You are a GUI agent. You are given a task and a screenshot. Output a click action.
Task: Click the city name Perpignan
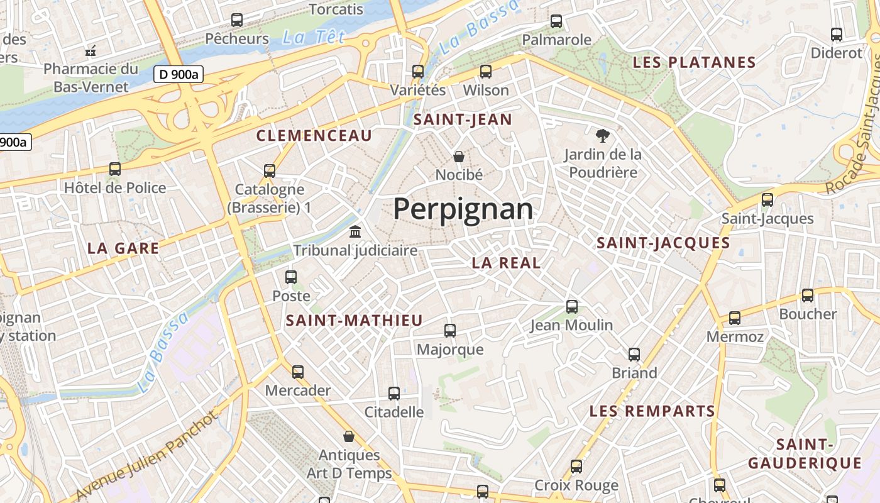pyautogui.click(x=463, y=209)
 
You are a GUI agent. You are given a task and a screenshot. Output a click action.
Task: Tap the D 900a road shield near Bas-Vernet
pyautogui.click(x=179, y=74)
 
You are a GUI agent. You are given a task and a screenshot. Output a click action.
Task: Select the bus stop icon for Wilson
pyautogui.click(x=485, y=72)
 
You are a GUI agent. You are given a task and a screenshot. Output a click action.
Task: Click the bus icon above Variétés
pyautogui.click(x=418, y=72)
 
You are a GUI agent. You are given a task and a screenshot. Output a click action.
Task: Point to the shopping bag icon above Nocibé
pyautogui.click(x=459, y=156)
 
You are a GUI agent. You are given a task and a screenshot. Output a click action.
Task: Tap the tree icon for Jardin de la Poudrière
pyautogui.click(x=602, y=135)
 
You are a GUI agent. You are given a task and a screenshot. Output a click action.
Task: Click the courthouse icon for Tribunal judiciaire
pyautogui.click(x=355, y=231)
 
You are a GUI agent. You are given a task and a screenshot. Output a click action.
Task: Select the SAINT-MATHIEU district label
pyautogui.click(x=355, y=321)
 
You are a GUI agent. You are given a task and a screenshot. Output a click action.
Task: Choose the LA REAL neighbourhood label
pyautogui.click(x=506, y=263)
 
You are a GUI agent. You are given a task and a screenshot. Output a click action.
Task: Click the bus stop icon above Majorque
pyautogui.click(x=450, y=331)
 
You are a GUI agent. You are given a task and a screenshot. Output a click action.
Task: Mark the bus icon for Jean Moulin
pyautogui.click(x=571, y=307)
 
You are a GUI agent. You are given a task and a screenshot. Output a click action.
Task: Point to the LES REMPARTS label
pyautogui.click(x=652, y=411)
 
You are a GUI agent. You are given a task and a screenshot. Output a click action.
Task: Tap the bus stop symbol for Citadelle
pyautogui.click(x=394, y=394)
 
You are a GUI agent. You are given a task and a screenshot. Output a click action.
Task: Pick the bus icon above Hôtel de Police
pyautogui.click(x=115, y=169)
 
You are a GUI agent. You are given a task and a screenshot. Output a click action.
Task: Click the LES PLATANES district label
pyautogui.click(x=693, y=62)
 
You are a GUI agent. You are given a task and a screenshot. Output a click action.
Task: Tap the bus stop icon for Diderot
pyautogui.click(x=837, y=35)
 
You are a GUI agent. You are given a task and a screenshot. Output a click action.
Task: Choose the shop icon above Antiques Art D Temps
pyautogui.click(x=349, y=436)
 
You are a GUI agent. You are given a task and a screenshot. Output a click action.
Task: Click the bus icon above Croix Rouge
pyautogui.click(x=576, y=467)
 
